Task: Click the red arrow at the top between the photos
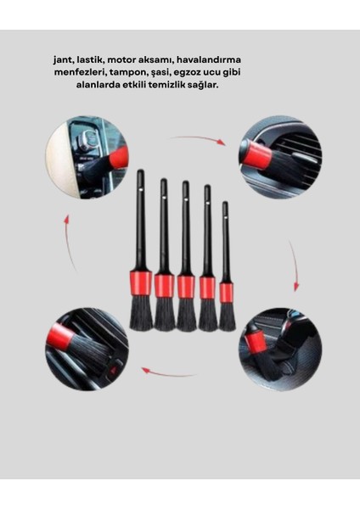pos(198,139)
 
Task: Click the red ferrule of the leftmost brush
pos(141,282)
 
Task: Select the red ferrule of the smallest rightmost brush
pos(227,292)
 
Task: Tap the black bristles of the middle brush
pos(186,315)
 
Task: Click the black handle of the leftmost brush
pos(141,221)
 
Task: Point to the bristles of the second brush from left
pos(164,314)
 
